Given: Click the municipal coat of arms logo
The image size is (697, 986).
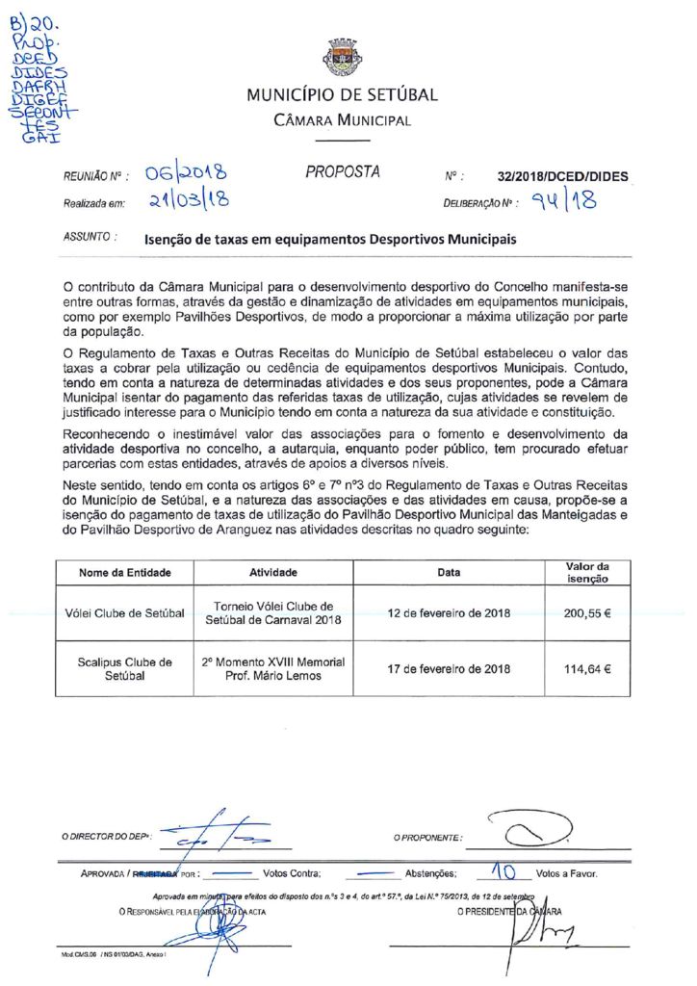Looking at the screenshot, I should point(342,58).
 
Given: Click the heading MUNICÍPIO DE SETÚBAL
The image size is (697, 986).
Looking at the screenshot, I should point(342,95).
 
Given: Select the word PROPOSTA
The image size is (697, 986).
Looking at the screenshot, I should point(343,172).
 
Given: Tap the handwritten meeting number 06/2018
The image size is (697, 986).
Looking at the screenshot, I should point(187,173).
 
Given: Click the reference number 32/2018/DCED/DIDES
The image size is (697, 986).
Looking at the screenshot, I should point(563,177).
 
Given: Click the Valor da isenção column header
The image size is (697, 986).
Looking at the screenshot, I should point(587,572).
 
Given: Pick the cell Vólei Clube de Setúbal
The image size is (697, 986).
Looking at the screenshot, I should point(125,612).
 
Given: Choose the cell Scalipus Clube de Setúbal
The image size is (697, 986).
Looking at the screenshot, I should point(125,668).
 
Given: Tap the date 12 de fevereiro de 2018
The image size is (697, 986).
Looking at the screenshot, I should point(449,612).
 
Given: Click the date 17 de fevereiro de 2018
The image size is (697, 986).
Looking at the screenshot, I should point(449,668).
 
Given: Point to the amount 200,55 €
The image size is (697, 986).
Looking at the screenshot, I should point(587,612).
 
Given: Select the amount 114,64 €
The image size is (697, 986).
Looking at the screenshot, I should point(587,668).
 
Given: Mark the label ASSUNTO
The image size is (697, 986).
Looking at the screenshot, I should point(89,236).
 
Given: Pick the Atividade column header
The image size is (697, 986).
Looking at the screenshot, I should point(273,572).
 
